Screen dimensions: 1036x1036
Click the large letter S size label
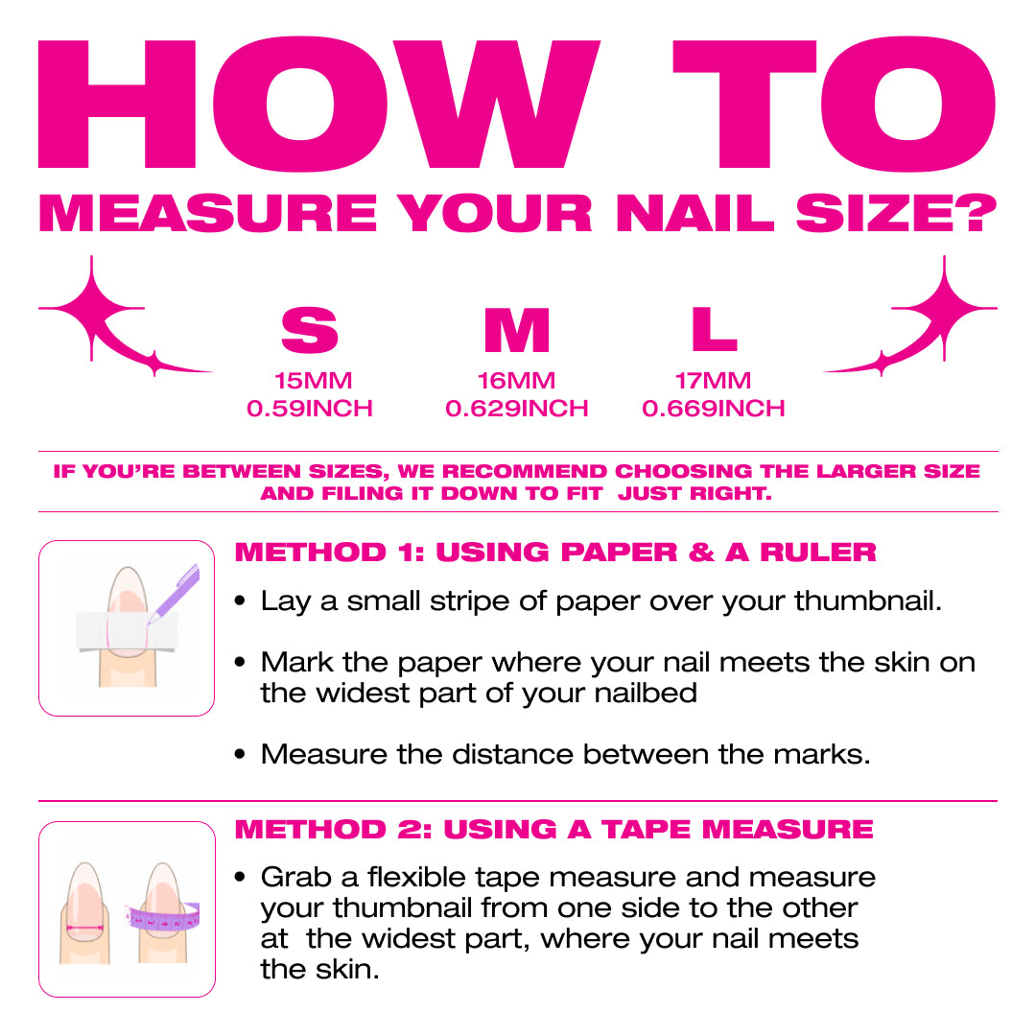click(309, 331)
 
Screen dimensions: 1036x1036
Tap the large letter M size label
click(516, 331)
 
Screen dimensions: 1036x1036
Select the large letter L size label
click(714, 331)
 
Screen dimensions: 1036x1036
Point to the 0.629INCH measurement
click(516, 409)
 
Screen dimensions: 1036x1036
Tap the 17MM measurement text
click(713, 381)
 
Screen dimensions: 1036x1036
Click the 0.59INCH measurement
click(309, 409)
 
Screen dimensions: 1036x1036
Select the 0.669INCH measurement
click(713, 409)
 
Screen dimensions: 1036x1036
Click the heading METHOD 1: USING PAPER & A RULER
click(555, 553)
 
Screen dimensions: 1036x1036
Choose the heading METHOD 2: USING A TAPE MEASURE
click(553, 829)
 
